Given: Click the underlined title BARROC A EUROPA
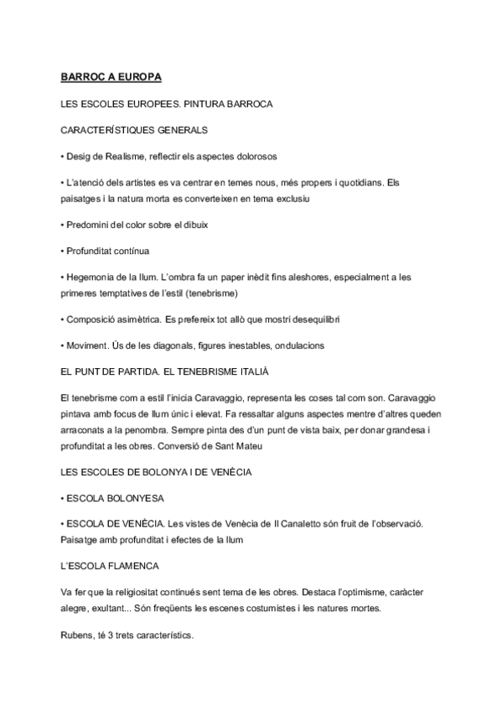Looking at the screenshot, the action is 111,77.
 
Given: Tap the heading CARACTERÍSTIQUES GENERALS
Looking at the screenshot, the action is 134,130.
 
